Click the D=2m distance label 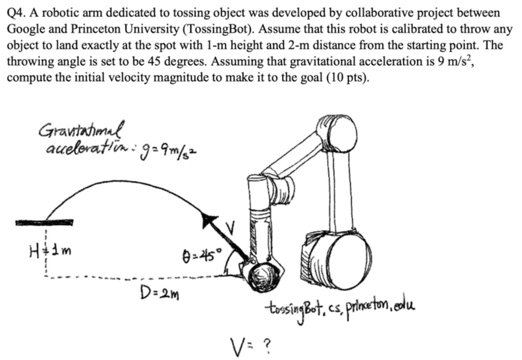click(x=155, y=293)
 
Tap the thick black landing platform click(x=44, y=222)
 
